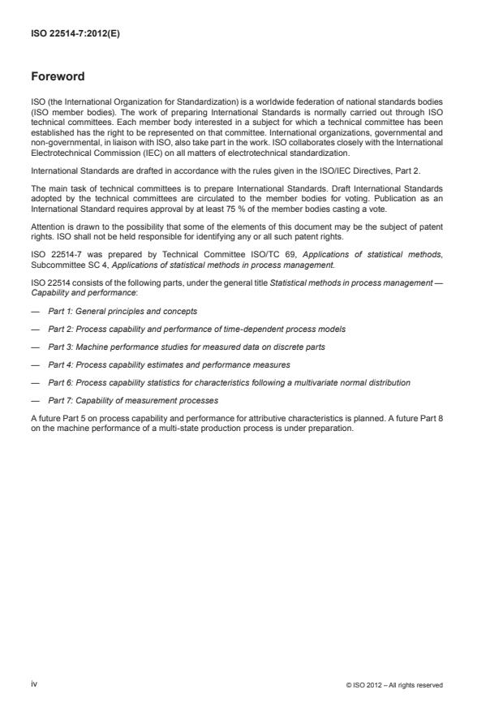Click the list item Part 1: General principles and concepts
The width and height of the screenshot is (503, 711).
[123, 311]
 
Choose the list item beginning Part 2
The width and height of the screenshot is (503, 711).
[186, 329]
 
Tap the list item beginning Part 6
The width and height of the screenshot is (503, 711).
[229, 382]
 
